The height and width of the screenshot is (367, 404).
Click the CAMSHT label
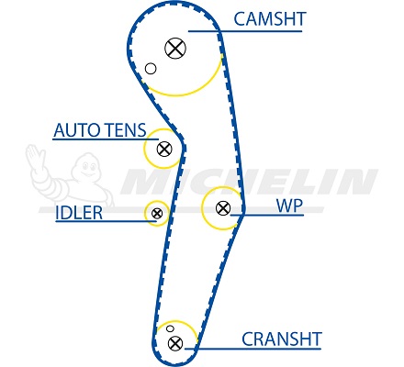270,19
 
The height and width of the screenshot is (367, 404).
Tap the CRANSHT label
282,339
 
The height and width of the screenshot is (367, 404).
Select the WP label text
289,206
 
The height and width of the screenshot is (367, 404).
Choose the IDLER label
79,213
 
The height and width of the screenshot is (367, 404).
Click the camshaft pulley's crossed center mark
175,49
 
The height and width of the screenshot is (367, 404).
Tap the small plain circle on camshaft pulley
151,69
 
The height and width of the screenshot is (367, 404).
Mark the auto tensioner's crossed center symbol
164,149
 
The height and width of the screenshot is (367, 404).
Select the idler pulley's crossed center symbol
157,213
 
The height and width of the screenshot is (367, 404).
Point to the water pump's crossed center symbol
223,208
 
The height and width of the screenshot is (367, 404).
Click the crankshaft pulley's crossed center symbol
175,343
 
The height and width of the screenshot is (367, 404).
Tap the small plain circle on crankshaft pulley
170,328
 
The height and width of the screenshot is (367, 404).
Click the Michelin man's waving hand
35,154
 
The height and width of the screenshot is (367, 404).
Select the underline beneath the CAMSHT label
245,31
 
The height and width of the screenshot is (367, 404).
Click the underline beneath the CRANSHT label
252,349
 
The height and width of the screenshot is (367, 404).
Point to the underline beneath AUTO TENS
106,139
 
